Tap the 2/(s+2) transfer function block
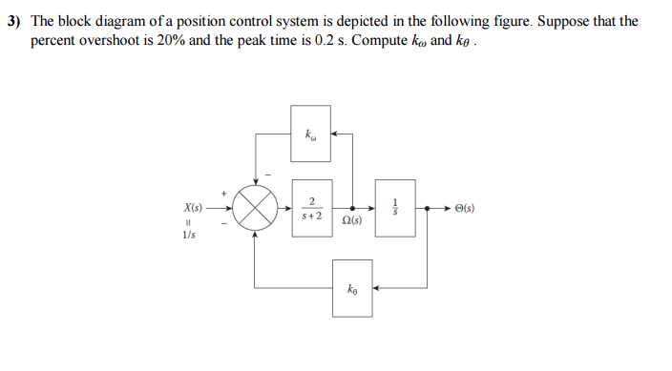coord(311,207)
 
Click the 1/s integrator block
coord(395,207)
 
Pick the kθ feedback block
coord(353,285)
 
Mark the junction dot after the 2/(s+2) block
coord(353,207)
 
